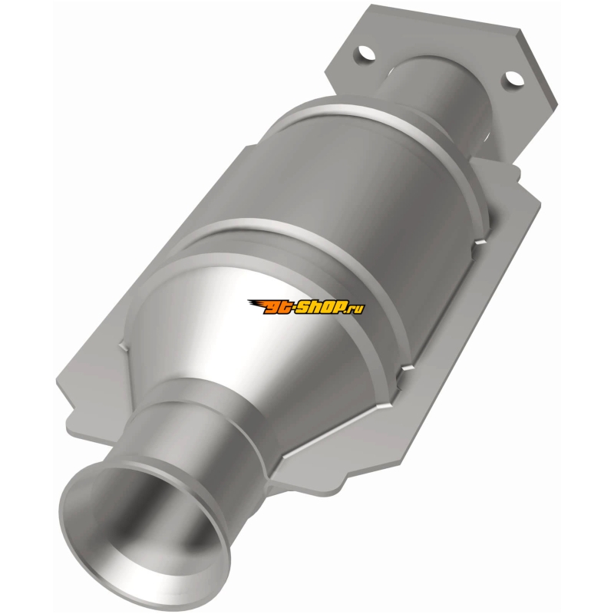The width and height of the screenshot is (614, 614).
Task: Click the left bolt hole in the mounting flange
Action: pyautogui.click(x=365, y=53)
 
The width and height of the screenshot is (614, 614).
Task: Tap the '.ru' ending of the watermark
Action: pyautogui.click(x=356, y=309)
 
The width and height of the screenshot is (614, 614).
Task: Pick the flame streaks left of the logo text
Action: pyautogui.click(x=256, y=303)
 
